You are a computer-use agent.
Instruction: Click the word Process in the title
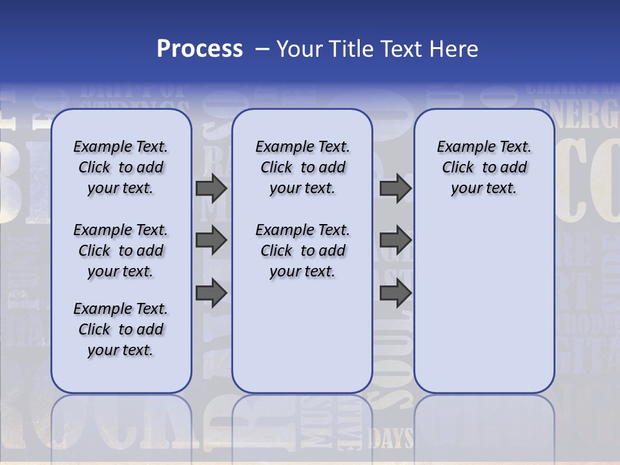(x=200, y=48)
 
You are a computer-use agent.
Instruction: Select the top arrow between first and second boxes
(x=211, y=188)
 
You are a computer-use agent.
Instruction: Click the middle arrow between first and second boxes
(x=211, y=240)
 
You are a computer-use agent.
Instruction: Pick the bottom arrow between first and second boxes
(x=211, y=293)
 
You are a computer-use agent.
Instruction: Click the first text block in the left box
(x=121, y=167)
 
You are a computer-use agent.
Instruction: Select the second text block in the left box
(x=121, y=251)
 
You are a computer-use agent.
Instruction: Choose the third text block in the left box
(x=121, y=329)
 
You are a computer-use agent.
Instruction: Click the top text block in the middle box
(x=302, y=167)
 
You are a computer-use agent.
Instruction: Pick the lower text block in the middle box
(x=302, y=251)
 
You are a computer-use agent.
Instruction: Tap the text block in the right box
(x=484, y=167)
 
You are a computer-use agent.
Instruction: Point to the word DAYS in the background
(x=390, y=439)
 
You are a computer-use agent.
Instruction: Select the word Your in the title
(x=300, y=48)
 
